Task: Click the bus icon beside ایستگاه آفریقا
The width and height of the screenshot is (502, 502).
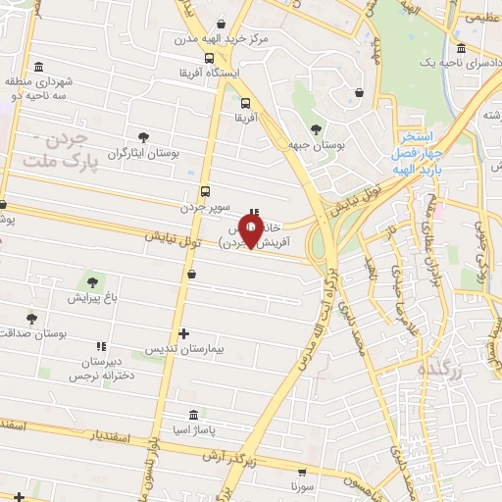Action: (208, 58)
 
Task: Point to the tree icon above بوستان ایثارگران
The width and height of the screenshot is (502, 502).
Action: (144, 137)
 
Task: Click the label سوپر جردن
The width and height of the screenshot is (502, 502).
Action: (205, 208)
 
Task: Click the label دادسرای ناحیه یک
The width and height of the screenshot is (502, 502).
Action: (426, 62)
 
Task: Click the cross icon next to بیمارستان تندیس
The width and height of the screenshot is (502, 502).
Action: (183, 334)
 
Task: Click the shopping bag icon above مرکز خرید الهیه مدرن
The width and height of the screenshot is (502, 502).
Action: (222, 23)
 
